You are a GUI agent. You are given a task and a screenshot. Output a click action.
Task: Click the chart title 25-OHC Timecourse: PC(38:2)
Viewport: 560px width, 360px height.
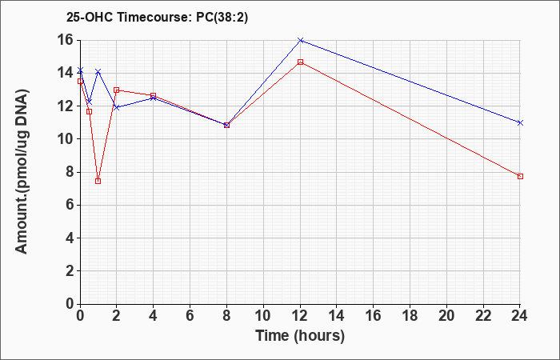click(x=157, y=18)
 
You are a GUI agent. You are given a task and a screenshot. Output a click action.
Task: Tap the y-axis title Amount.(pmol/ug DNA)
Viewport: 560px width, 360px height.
click(x=22, y=172)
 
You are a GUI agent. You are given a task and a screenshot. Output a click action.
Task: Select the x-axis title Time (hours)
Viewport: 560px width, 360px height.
click(x=300, y=336)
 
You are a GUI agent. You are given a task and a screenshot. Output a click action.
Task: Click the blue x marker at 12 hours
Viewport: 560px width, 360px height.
click(x=300, y=40)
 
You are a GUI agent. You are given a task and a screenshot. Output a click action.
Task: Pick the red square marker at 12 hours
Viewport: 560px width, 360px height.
click(x=300, y=62)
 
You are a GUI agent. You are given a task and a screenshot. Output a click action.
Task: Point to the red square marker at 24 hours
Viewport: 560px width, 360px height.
click(x=520, y=177)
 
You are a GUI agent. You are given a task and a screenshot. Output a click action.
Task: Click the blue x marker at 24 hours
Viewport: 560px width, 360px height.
click(x=520, y=123)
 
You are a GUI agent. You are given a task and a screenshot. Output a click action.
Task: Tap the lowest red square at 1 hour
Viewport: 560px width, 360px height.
click(x=98, y=181)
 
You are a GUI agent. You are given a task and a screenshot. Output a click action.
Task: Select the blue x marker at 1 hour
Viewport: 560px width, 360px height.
click(x=98, y=72)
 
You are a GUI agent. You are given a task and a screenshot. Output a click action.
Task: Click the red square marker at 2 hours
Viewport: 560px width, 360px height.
click(x=117, y=90)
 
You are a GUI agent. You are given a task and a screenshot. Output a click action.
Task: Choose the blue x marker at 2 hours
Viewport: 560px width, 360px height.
click(x=117, y=107)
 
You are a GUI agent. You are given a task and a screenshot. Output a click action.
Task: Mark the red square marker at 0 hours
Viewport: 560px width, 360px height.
click(x=80, y=81)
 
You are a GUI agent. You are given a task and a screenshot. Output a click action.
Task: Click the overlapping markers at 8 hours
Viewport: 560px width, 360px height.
click(x=226, y=125)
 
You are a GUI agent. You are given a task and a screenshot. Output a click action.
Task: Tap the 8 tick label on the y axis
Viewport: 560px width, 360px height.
click(x=70, y=172)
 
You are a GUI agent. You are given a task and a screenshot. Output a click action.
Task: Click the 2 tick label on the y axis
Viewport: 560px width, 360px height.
click(x=70, y=271)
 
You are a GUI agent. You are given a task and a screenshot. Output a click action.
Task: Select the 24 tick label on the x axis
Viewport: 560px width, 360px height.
click(x=520, y=316)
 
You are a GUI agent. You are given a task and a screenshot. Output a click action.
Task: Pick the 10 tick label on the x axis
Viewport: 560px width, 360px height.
click(x=263, y=316)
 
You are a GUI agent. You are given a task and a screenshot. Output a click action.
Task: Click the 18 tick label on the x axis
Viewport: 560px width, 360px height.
click(x=410, y=316)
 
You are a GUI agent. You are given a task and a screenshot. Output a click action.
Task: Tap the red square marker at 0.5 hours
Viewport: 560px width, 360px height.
click(x=90, y=112)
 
